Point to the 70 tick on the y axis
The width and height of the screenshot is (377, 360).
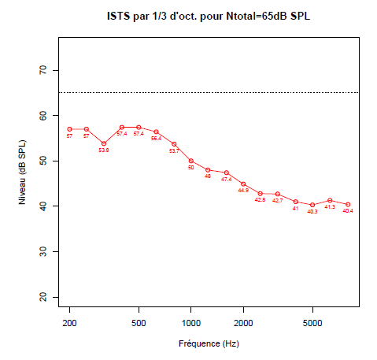[x=44, y=70]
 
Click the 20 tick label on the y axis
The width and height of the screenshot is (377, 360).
[x=44, y=296]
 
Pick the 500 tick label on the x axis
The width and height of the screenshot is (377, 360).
[x=139, y=323]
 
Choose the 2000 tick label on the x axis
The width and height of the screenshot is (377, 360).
[x=243, y=323]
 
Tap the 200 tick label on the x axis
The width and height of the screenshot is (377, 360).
[x=69, y=323]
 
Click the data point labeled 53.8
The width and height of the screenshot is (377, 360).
[x=104, y=143]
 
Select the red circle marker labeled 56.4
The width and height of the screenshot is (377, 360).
[x=156, y=132]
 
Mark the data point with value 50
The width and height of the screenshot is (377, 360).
[x=190, y=161]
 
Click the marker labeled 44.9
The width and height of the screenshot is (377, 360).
[x=243, y=184]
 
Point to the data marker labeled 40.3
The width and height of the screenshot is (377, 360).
[x=312, y=205]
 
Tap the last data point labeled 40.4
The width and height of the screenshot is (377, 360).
[x=347, y=204]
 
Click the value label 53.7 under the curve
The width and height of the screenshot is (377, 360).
[x=174, y=150]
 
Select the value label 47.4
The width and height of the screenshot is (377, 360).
[x=226, y=180]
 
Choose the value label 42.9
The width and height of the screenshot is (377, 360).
[x=261, y=200]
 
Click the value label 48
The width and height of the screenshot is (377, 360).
[x=208, y=176]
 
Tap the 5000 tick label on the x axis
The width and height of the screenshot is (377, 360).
[x=312, y=323]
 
